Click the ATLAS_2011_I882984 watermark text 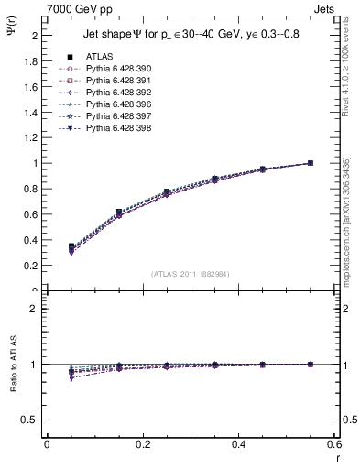191,273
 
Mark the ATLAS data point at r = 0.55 311,163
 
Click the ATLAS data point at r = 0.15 119,213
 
